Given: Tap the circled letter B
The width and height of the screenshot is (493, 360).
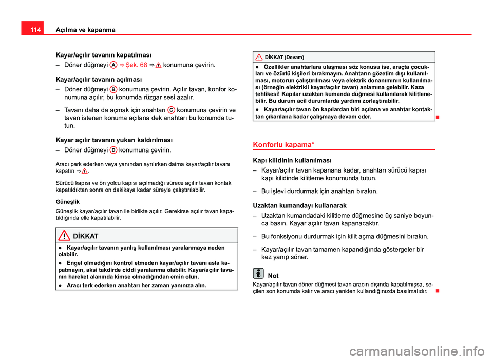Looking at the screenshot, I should (113, 88).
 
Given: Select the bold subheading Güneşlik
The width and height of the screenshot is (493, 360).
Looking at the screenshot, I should (67, 202).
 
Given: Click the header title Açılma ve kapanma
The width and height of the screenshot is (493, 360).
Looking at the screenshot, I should (85, 30).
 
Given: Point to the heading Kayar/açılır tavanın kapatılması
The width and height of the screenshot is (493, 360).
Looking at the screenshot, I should (103, 54).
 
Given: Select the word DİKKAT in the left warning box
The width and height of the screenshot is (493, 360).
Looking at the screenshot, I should (86, 236).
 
